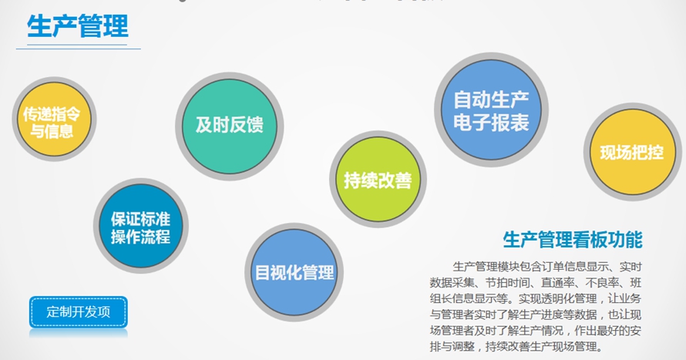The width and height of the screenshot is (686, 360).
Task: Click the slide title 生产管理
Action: coord(77,26)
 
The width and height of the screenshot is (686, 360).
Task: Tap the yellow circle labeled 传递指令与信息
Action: coord(54,119)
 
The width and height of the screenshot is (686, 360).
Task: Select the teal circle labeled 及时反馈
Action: coord(229,126)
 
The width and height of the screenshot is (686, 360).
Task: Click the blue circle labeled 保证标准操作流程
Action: coord(140,226)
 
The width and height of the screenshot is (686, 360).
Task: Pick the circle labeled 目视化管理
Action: coord(294,272)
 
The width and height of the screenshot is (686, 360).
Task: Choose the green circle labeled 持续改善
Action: coord(378,180)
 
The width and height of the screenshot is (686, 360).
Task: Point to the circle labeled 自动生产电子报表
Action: coord(491,109)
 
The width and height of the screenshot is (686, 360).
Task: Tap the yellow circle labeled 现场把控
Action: coord(633,152)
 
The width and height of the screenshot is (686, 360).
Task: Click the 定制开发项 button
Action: coord(79,312)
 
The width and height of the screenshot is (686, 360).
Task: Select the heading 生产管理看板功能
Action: coord(573,240)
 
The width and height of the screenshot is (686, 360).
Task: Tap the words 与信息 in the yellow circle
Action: coord(52,131)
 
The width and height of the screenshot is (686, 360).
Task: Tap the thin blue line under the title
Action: coord(79,49)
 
